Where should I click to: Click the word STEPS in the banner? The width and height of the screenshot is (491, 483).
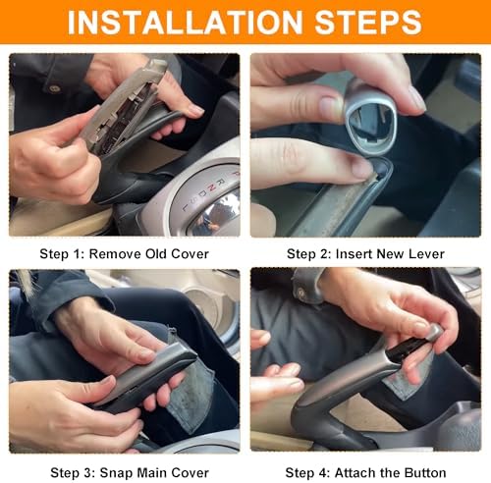(x=368, y=22)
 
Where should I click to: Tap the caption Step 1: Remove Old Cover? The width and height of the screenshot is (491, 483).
(x=124, y=254)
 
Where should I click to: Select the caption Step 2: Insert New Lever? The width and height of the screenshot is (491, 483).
(x=365, y=254)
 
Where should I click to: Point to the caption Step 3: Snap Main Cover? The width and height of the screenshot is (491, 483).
(x=130, y=473)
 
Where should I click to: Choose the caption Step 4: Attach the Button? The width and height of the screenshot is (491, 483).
(x=365, y=473)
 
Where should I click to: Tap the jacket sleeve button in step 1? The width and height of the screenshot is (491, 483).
(x=54, y=88)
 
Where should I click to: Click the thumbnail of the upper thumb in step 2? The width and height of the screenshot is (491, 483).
(x=330, y=107)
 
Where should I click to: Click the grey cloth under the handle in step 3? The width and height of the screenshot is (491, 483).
(x=193, y=396)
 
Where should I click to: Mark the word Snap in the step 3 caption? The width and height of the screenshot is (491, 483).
(x=116, y=473)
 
